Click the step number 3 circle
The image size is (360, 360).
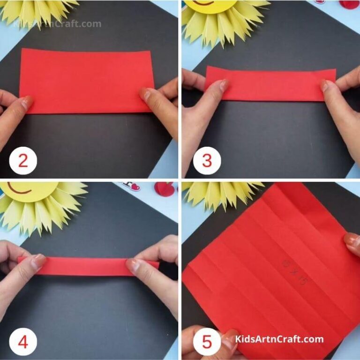tap(207, 161)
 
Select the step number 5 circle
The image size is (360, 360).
tap(207, 343)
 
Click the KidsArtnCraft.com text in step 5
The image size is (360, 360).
tap(279, 339)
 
